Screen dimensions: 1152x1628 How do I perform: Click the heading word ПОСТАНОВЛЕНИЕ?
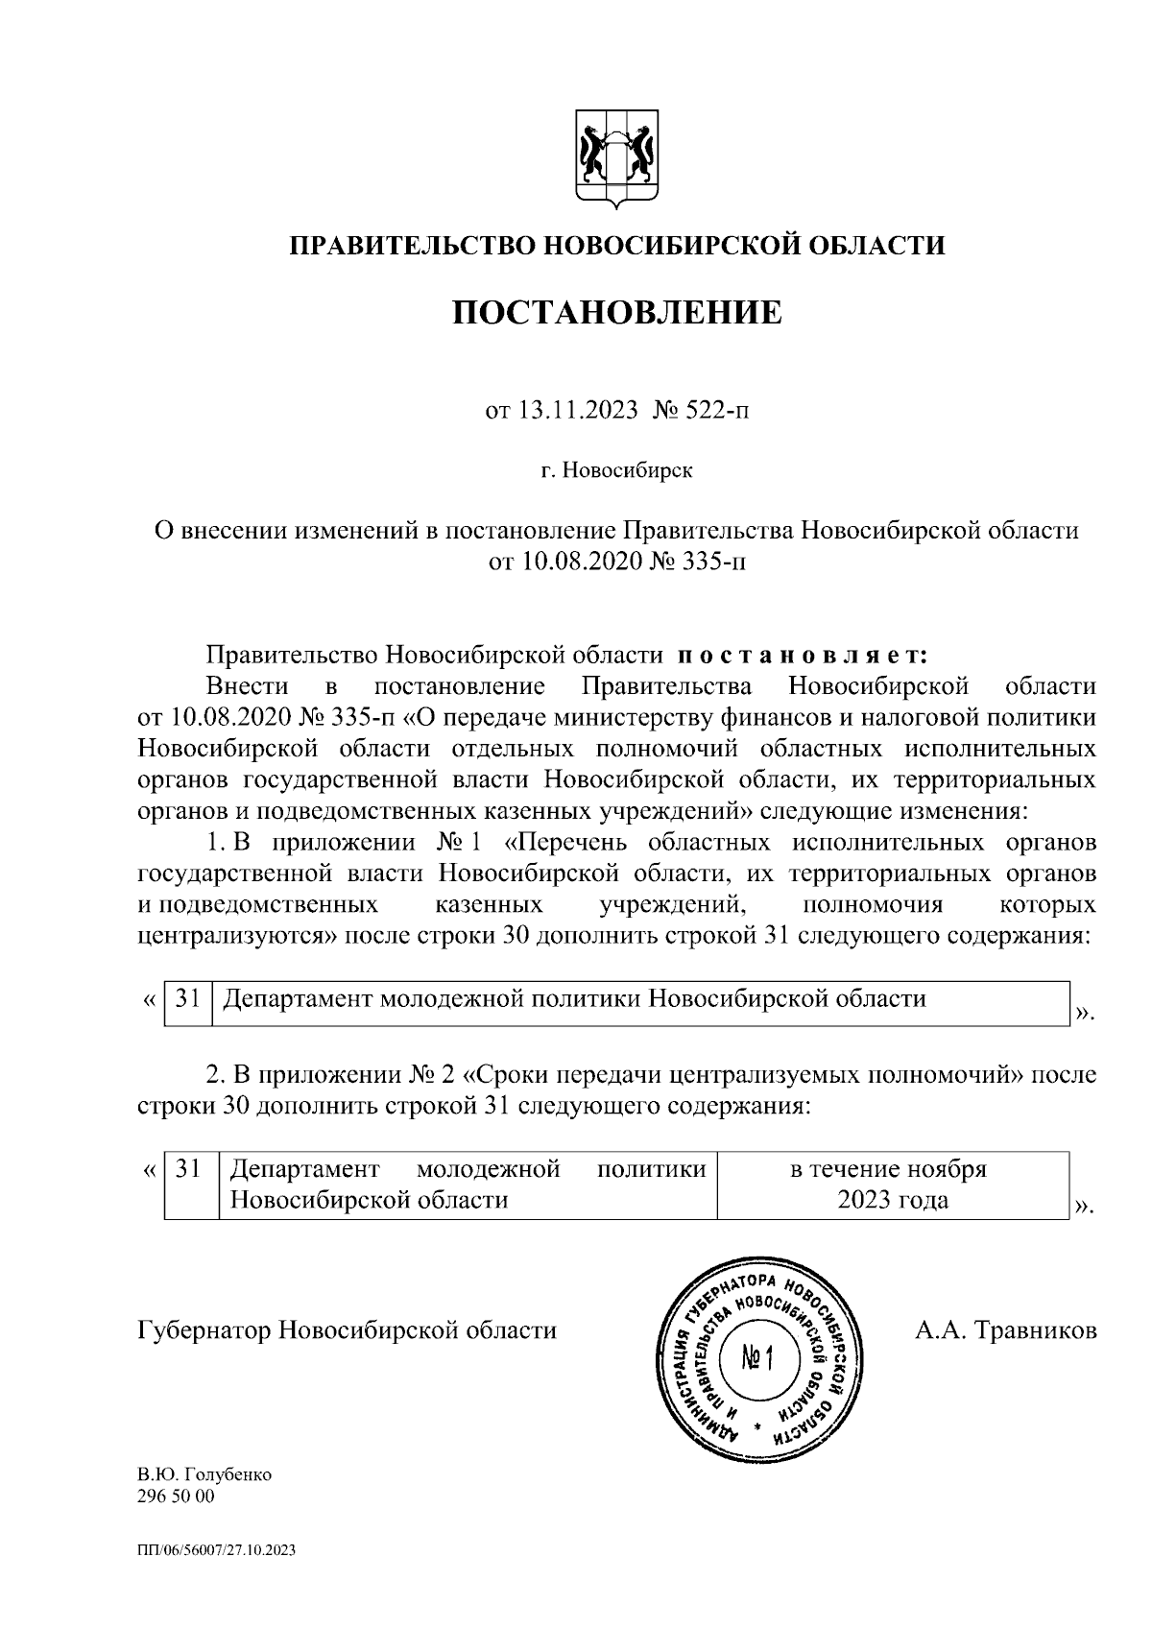click(616, 312)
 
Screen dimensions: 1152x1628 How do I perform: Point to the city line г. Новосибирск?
click(616, 471)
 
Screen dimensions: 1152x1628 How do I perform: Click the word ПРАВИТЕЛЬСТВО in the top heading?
click(415, 246)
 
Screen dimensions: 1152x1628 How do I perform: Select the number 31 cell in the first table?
click(187, 999)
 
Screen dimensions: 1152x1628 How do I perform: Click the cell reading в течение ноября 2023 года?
click(892, 1185)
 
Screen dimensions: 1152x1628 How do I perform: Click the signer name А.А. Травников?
click(1006, 1330)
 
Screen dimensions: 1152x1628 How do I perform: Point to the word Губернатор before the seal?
click(204, 1330)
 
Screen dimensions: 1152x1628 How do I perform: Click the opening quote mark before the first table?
click(149, 1000)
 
